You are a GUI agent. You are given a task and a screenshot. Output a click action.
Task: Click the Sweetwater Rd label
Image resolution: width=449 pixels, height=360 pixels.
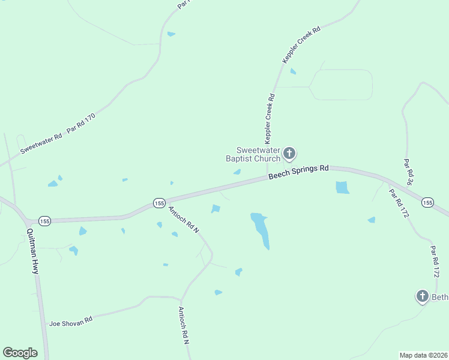coord(41,143)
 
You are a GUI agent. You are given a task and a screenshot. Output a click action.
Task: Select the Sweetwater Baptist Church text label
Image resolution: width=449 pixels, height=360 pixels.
coord(253,154)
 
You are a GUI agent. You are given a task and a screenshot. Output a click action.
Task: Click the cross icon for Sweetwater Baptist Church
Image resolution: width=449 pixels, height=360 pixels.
coord(289,154)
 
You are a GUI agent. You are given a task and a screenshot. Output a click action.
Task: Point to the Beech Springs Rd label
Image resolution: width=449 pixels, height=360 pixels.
coord(298,172)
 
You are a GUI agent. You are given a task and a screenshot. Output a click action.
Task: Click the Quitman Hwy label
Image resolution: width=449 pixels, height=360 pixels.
coord(33,251)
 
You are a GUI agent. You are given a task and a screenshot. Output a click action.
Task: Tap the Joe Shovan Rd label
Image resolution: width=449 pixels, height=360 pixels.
coord(71,321)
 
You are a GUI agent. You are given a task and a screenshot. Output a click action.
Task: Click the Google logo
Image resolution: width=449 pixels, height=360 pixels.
coord(20,353)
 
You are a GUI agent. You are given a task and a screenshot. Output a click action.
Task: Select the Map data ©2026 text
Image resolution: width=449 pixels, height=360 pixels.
coord(423,355)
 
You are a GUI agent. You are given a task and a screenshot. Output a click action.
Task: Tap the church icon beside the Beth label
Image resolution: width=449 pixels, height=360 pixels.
coord(422,296)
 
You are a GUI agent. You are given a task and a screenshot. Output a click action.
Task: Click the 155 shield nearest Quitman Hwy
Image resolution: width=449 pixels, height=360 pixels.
coord(45,221)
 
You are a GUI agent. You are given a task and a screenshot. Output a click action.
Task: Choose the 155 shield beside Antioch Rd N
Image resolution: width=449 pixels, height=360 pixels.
coord(158,203)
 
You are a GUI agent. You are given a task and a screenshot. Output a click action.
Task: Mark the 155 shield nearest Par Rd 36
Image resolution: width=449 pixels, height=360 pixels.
coord(427,202)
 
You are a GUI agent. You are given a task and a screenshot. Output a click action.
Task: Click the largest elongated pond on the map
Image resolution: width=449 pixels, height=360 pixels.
coord(261,230)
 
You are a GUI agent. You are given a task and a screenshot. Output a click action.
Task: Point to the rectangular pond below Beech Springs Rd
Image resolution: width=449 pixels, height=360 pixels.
coord(342,187)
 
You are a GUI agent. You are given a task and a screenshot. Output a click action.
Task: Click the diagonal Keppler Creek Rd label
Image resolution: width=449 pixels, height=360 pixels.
coord(302,44)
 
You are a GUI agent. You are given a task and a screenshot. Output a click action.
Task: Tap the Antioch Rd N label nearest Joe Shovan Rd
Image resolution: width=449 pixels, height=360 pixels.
coord(184,325)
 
